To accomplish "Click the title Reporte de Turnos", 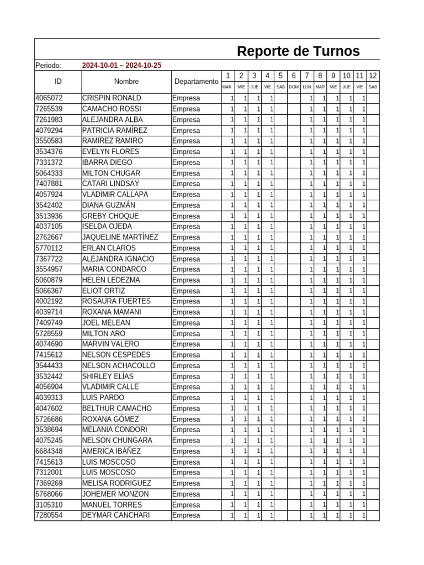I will [298, 51].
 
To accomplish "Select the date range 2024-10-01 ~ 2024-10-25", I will [121, 66].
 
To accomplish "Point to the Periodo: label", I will [48, 66].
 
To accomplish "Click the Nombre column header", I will [126, 82].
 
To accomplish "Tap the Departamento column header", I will [196, 82].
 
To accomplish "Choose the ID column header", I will [58, 82].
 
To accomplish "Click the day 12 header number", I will [373, 76].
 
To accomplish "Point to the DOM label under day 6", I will [294, 87].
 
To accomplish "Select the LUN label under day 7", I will [307, 87].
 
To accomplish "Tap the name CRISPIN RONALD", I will [112, 98].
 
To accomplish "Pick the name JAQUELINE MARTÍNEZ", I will [120, 237].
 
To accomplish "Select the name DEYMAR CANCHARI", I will [116, 515].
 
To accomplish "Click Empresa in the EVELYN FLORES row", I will [186, 152].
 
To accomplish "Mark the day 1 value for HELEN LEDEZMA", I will [232, 280].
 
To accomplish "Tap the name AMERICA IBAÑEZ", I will [112, 451].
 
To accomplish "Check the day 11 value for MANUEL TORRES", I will [363, 505].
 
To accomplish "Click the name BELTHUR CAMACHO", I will [117, 408].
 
